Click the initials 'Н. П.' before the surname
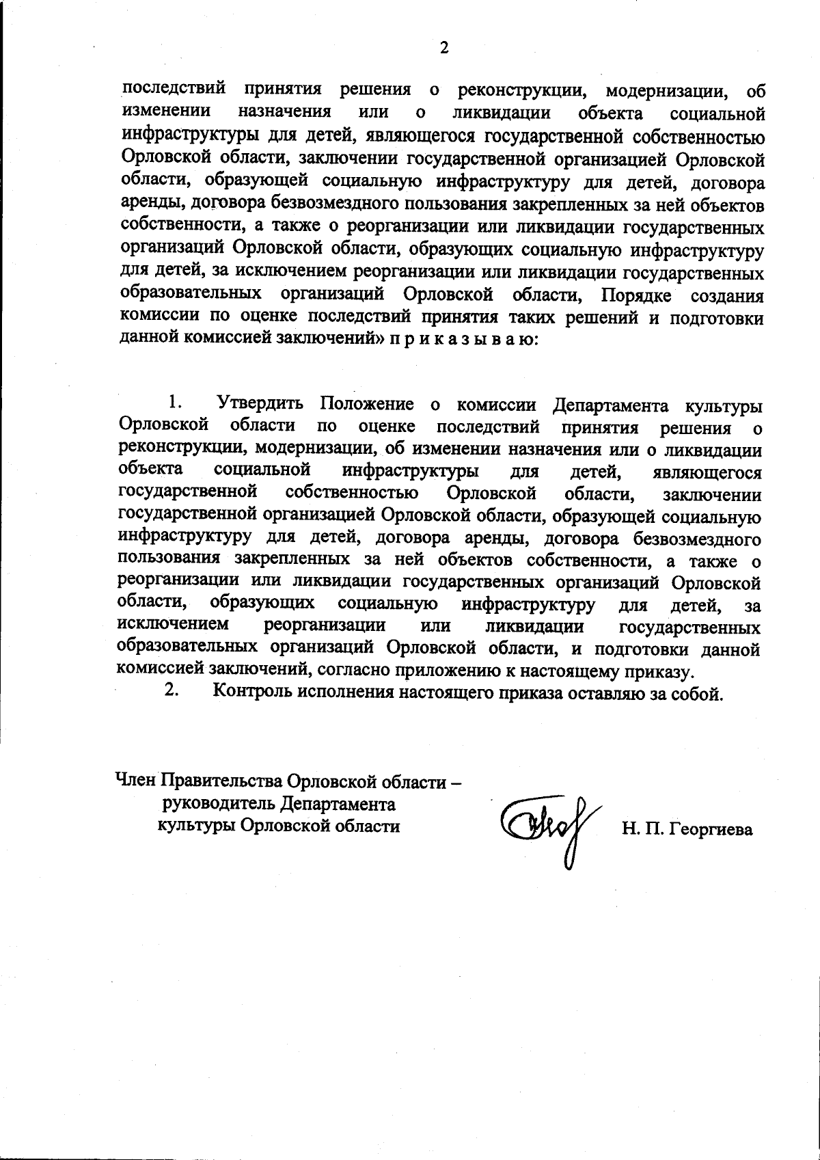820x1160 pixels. pos(639,830)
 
